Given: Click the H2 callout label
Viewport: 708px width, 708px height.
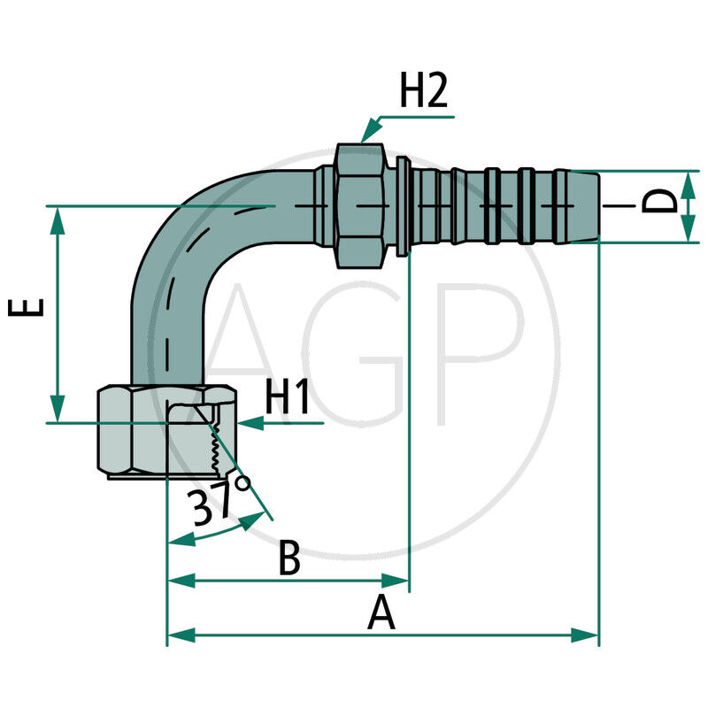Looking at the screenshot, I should [423, 93].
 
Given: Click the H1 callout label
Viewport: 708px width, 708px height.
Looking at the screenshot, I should [288, 399].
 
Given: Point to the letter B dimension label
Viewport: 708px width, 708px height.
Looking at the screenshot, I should [289, 558].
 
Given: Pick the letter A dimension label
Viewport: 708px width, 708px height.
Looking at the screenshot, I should [381, 612].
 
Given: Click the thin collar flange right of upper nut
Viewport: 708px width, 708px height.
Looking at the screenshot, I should [404, 205].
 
